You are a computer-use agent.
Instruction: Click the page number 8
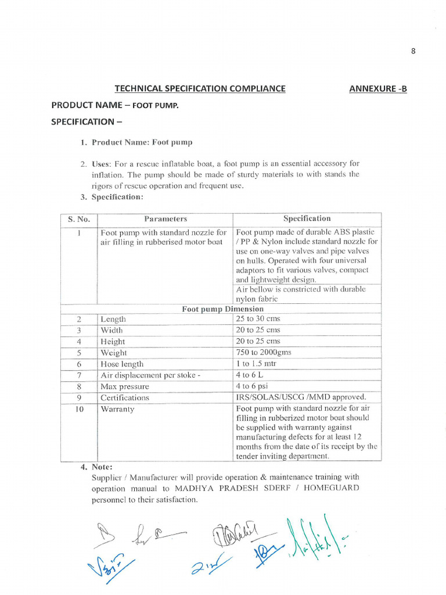413,51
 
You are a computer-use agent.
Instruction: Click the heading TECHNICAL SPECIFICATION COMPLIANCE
200,88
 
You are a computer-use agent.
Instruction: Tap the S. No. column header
78,219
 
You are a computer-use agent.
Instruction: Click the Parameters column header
166,219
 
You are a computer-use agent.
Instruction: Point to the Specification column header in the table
307,218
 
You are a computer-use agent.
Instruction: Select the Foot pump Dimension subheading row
222,309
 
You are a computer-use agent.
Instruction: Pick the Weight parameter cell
114,353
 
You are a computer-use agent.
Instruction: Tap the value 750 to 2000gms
264,352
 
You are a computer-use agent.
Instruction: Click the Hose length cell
122,364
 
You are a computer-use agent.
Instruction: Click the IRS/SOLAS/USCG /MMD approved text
301,397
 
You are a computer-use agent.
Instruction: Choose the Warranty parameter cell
117,409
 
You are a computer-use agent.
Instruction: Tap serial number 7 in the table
78,375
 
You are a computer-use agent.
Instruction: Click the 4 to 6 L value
250,375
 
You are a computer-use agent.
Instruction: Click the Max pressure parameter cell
125,386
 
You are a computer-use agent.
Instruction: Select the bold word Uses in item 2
102,164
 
